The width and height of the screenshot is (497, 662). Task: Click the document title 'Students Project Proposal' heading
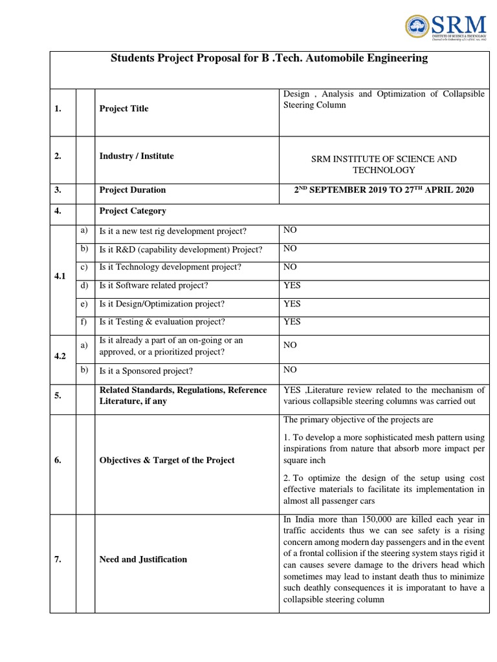(x=269, y=58)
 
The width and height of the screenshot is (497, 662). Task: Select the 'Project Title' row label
(x=124, y=109)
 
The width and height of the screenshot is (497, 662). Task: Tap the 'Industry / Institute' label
(x=137, y=156)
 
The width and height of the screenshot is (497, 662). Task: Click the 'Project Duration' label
(x=133, y=190)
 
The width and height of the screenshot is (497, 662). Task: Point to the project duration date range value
(x=384, y=189)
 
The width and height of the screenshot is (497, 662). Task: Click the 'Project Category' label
(x=133, y=211)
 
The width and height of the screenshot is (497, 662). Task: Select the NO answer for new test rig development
(x=290, y=230)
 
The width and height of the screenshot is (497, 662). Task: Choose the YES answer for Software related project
(x=292, y=285)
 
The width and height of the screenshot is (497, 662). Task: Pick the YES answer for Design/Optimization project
(x=292, y=304)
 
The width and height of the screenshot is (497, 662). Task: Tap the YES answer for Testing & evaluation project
(x=292, y=321)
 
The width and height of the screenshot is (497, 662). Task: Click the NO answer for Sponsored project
(x=290, y=370)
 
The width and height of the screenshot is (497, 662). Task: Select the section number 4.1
(x=61, y=276)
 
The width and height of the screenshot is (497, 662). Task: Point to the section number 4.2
(x=61, y=356)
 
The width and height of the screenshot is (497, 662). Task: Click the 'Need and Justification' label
(x=143, y=559)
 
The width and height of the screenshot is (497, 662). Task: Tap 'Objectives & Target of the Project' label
(x=166, y=460)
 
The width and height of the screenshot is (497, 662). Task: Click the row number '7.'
(x=58, y=559)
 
